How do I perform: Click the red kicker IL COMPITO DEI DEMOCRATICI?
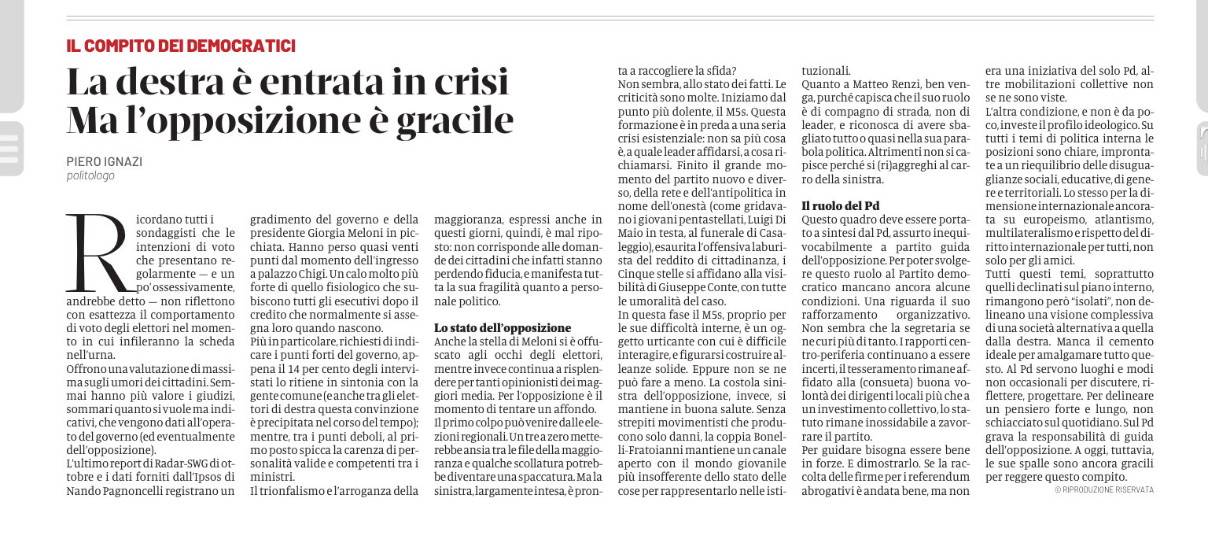[181, 46]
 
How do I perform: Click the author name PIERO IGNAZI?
[104, 161]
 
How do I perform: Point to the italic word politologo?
[90, 176]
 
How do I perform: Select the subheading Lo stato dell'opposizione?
[503, 327]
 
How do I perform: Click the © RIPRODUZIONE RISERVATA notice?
[1104, 489]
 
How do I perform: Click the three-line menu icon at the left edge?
[9, 148]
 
